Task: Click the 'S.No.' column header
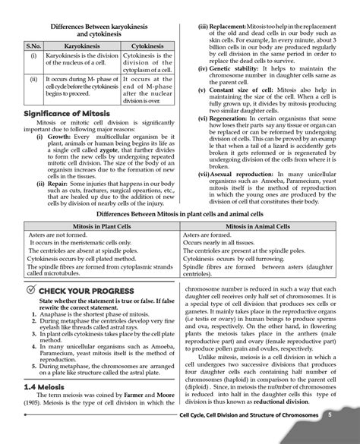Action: [33, 46]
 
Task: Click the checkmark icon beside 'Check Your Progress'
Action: [28, 291]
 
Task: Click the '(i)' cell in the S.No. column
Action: [33, 57]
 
